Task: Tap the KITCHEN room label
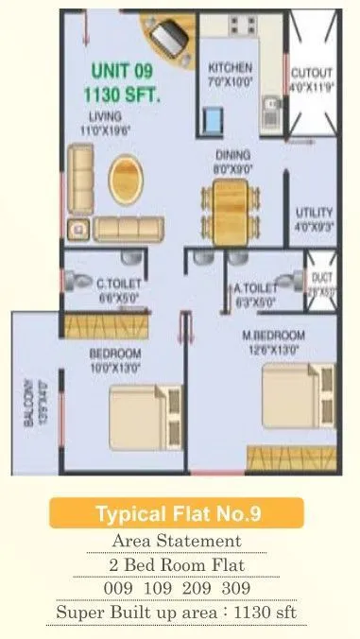click(x=231, y=68)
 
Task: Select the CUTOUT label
click(x=311, y=72)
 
